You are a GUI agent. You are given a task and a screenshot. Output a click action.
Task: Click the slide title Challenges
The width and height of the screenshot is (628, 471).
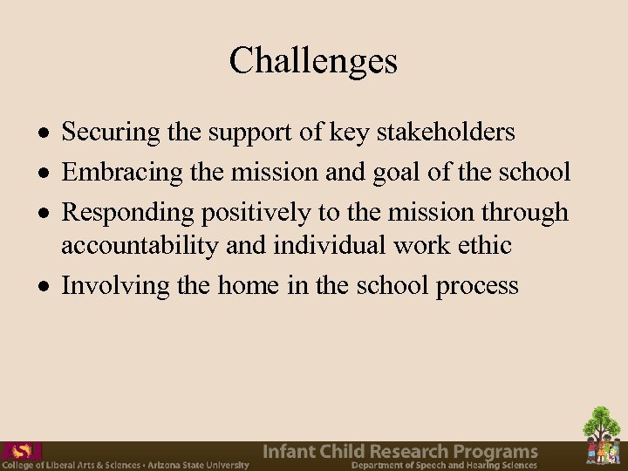coord(313,60)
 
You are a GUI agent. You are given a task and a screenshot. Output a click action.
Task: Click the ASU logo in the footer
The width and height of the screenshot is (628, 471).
coord(21,452)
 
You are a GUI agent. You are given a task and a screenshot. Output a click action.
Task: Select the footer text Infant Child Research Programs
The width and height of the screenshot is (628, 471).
coord(400,452)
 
